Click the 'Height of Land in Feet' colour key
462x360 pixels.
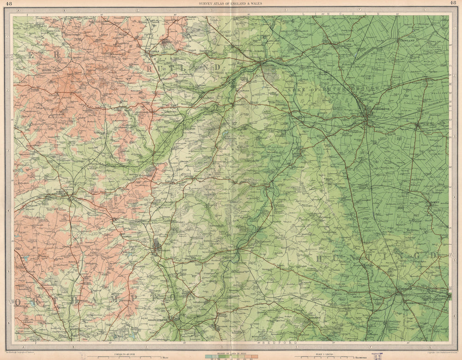[x=231, y=355]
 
